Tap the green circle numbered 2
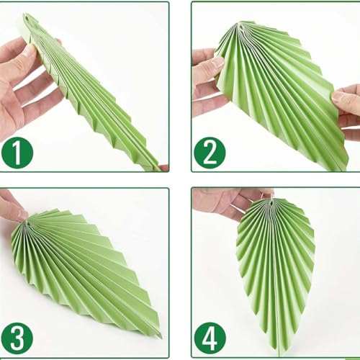(210, 153)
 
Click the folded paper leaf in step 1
(94, 94)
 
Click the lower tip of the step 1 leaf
(159, 168)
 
